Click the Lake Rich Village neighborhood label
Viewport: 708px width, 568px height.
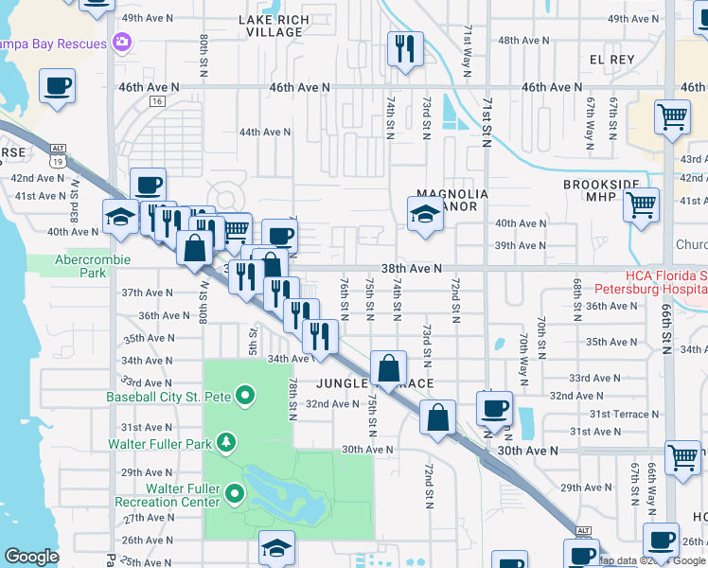point(271,25)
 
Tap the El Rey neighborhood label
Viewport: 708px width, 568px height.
point(611,59)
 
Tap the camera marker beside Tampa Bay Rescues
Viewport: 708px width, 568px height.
point(121,42)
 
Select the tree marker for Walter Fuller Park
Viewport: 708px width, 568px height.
point(225,442)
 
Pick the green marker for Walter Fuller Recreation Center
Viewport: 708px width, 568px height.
point(236,492)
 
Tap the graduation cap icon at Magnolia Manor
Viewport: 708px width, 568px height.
point(425,214)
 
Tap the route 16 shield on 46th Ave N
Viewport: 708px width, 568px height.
point(157,101)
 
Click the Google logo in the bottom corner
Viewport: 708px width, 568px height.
point(31,557)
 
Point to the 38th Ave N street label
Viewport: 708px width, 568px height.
point(412,269)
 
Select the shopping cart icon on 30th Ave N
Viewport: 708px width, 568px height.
point(682,458)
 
